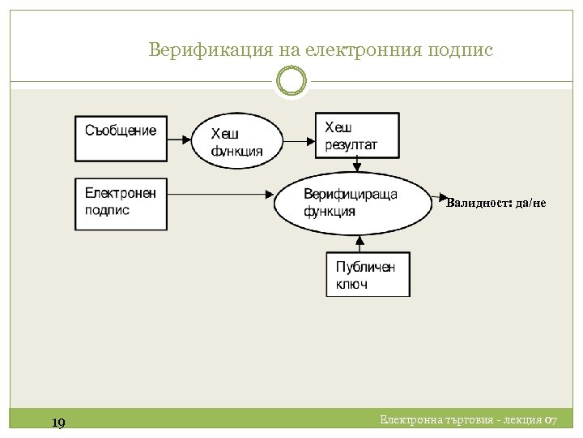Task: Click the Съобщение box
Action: point(121,139)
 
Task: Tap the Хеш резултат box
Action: point(356,135)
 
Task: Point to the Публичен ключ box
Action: point(368,275)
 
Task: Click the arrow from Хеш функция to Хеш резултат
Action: point(300,140)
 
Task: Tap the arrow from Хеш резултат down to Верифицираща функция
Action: point(357,165)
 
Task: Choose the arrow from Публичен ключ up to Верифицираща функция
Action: point(357,244)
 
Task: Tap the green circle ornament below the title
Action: point(291,80)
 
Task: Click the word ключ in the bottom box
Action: point(352,284)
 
